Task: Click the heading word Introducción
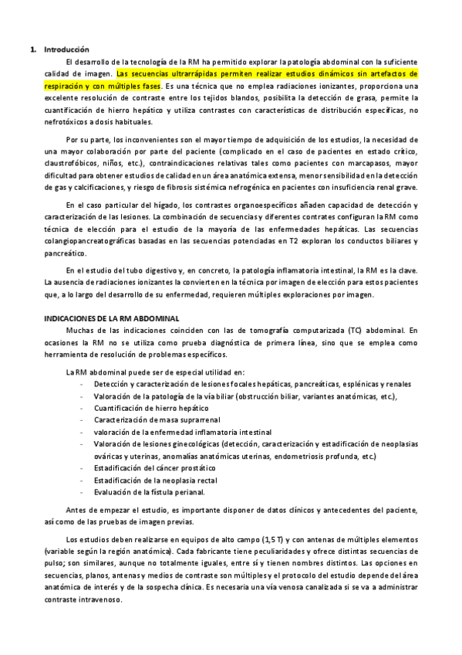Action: [66, 49]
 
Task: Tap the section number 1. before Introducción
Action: [33, 49]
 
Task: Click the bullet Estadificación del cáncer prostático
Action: [155, 468]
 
